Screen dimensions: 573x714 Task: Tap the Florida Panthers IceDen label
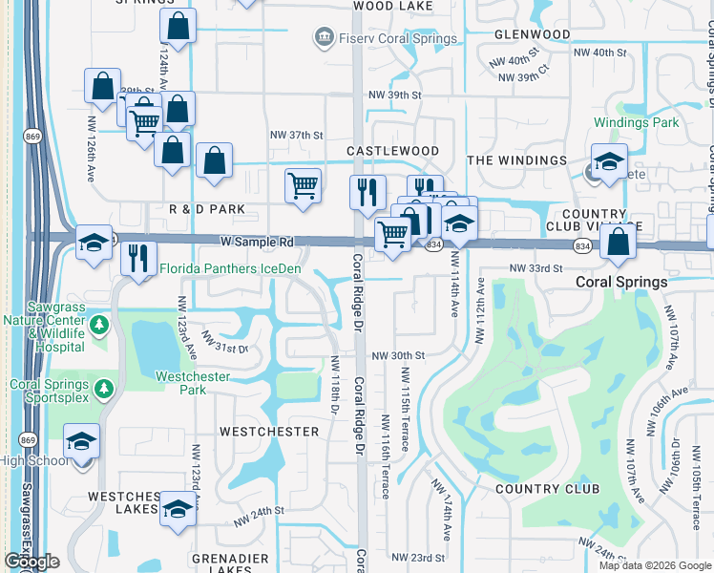click(230, 269)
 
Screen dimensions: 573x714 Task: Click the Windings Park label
click(636, 122)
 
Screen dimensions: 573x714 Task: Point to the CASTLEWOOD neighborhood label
click(392, 151)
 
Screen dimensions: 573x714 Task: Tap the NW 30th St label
click(398, 355)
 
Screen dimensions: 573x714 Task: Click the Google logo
click(31, 562)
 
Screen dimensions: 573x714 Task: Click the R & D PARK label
click(207, 208)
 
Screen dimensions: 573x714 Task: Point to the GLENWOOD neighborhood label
click(533, 34)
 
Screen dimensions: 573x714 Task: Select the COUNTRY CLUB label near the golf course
click(548, 489)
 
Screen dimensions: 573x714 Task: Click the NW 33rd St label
click(536, 269)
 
